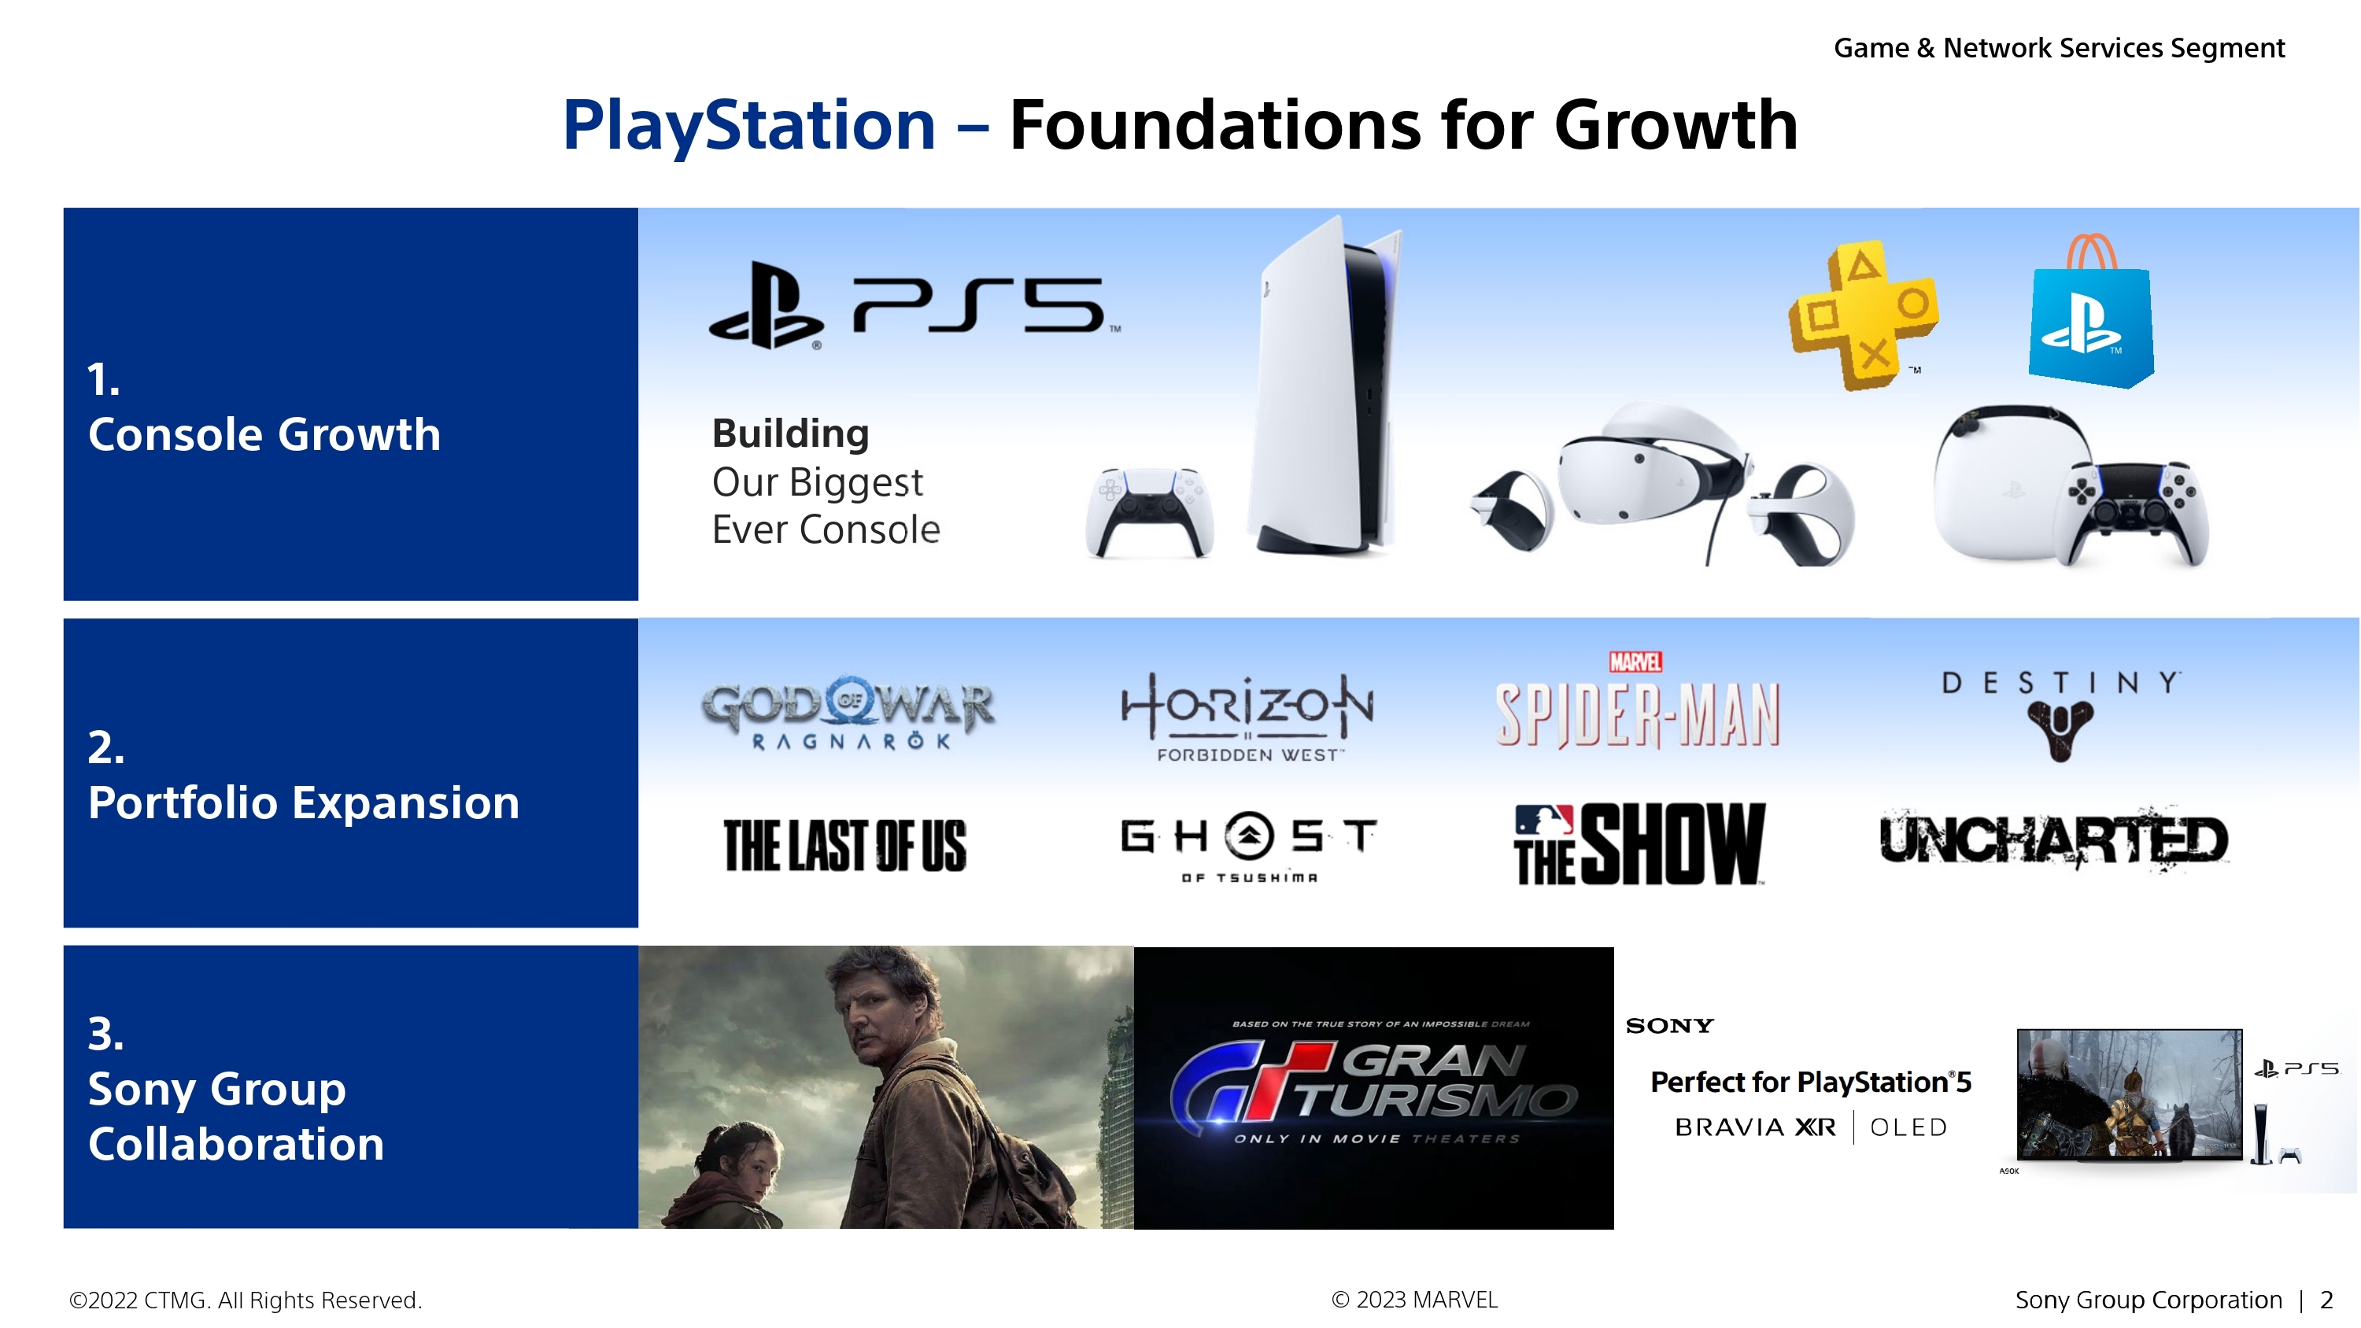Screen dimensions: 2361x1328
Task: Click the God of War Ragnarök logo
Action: [848, 714]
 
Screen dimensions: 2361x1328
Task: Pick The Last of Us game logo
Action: [845, 845]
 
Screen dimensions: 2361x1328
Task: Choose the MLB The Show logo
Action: [1639, 844]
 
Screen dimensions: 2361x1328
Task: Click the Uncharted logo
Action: [2054, 839]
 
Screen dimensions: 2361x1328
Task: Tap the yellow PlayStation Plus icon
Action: [1864, 315]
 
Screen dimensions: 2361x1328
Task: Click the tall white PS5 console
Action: [1324, 385]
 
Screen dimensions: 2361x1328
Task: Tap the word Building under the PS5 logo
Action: [790, 433]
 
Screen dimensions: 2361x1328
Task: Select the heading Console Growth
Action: [264, 433]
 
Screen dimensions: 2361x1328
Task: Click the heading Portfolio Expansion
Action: [303, 802]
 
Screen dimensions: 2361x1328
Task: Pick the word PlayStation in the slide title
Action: [748, 126]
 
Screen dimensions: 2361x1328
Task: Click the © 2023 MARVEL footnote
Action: [1414, 1300]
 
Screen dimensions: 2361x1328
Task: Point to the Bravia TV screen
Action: [2129, 1094]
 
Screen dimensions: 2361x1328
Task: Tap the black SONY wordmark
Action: [1669, 1026]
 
